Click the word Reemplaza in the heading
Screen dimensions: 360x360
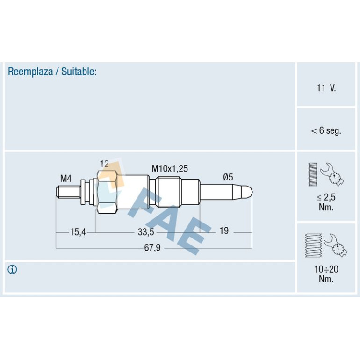pyautogui.click(x=30, y=72)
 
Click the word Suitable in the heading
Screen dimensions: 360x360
pyautogui.click(x=78, y=72)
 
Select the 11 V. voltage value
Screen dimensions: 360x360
pyautogui.click(x=326, y=88)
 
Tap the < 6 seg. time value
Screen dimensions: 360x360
pyautogui.click(x=326, y=130)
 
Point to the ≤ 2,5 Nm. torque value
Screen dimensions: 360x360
pyautogui.click(x=326, y=202)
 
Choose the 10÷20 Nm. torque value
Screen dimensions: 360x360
pyautogui.click(x=326, y=274)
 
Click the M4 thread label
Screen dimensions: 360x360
pyautogui.click(x=66, y=179)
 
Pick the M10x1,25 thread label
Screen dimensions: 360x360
pyautogui.click(x=170, y=169)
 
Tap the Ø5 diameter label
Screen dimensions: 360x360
pyautogui.click(x=228, y=177)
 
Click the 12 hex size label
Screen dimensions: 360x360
pyautogui.click(x=104, y=164)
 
